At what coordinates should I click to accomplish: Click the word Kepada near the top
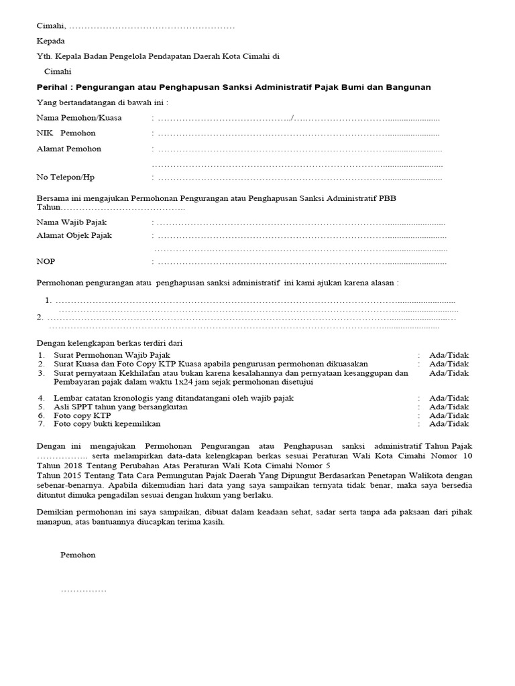click(x=51, y=42)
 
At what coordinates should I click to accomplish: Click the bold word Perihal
click(x=54, y=87)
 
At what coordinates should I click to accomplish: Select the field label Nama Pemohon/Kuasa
click(x=74, y=118)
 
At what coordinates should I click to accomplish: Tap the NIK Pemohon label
click(x=66, y=133)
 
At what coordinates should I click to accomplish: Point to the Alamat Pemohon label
click(x=68, y=149)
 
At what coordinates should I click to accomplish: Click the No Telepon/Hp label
click(x=65, y=178)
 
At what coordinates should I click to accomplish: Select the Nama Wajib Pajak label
click(x=71, y=222)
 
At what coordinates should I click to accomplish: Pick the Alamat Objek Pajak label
click(x=74, y=236)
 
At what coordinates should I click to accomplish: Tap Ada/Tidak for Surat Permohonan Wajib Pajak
click(x=449, y=355)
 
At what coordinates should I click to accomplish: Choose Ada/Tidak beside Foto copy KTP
click(x=449, y=415)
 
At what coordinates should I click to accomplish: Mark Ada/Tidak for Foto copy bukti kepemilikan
click(x=449, y=424)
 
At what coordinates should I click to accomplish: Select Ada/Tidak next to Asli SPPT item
click(x=449, y=407)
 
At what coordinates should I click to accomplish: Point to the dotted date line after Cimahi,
click(x=152, y=26)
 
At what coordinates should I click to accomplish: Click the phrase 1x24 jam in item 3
click(x=189, y=382)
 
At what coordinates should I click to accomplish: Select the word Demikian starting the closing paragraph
click(x=55, y=512)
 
